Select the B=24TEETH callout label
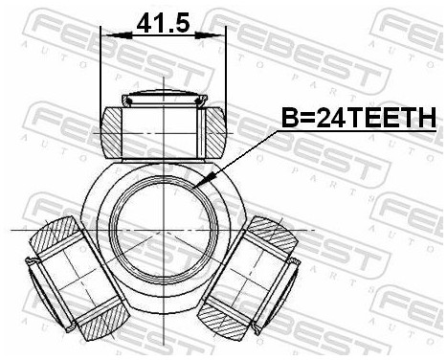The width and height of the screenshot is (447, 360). pos(357,118)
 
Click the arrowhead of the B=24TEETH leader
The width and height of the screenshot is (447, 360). pos(197,185)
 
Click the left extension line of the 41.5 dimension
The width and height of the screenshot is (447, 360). pos(101,67)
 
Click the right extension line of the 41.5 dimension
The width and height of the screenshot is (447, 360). pos(227,67)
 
